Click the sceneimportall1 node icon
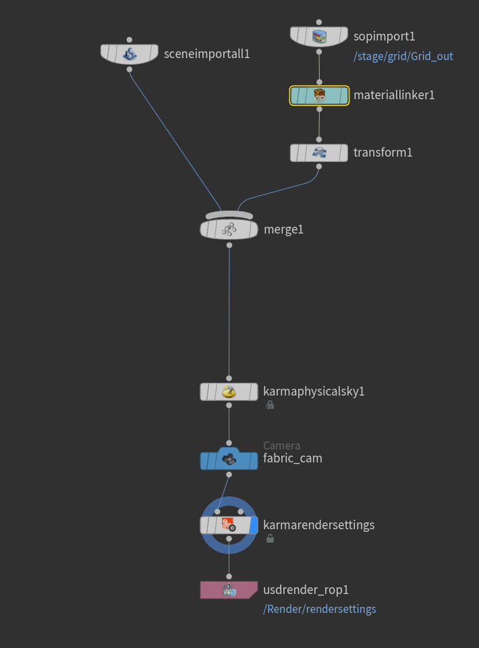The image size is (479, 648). (x=130, y=54)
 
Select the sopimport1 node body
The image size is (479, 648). (x=319, y=36)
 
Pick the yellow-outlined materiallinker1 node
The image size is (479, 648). (x=319, y=95)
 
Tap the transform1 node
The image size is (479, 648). (x=319, y=153)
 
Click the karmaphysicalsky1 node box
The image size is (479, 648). (x=229, y=391)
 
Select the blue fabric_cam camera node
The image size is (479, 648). (x=229, y=459)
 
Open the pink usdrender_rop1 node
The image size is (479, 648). (x=229, y=590)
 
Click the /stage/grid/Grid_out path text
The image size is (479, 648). (x=403, y=56)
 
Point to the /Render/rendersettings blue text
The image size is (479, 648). (x=320, y=609)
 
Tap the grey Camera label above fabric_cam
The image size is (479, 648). (x=281, y=446)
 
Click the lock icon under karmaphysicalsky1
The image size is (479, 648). (x=270, y=405)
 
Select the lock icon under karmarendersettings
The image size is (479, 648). (x=270, y=539)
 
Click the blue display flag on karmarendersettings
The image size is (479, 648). (x=254, y=525)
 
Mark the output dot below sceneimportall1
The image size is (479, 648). (x=130, y=70)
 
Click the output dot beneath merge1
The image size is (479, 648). (x=229, y=246)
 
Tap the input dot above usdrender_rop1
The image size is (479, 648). (x=229, y=576)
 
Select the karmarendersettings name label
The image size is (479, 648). (x=319, y=525)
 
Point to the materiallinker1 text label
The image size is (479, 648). (x=394, y=95)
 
